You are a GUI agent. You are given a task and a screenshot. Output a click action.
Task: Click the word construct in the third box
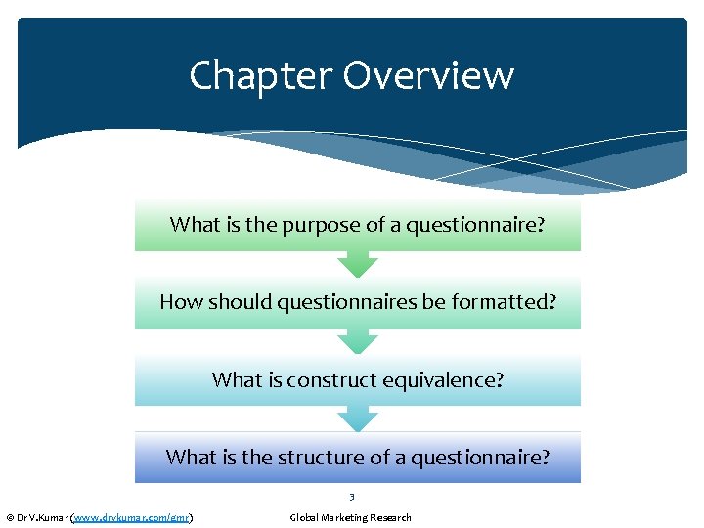coord(325,378)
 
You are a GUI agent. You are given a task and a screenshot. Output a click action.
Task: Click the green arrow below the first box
coord(358,264)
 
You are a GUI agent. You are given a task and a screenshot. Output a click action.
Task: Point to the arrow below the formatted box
coord(358,341)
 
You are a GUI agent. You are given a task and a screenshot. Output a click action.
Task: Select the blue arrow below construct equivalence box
coord(358,418)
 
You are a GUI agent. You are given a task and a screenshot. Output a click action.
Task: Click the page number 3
coord(351,497)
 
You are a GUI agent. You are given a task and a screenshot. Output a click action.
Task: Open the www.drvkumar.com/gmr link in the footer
coord(132,517)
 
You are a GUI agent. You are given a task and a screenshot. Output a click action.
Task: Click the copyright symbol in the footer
coord(10,517)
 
